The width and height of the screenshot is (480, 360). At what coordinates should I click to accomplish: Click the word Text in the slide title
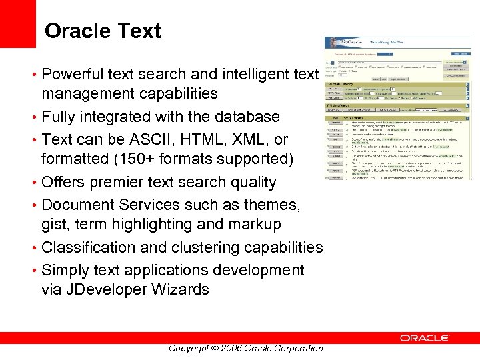[x=141, y=31]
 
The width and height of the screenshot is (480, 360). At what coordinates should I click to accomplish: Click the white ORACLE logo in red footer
[x=425, y=338]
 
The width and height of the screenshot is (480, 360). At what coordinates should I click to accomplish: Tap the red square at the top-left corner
[x=17, y=24]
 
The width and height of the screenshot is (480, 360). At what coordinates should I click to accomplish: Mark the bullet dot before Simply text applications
[x=34, y=271]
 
